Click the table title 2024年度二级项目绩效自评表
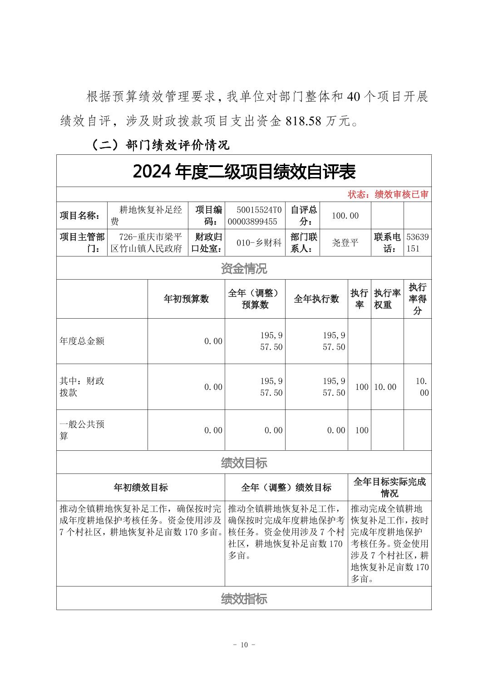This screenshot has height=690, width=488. click(244, 172)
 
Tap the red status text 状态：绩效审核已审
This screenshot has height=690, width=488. click(388, 195)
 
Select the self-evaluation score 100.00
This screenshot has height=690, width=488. click(345, 216)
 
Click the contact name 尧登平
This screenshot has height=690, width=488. click(345, 242)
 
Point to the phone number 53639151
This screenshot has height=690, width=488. click(417, 242)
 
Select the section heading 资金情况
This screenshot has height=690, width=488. click(244, 269)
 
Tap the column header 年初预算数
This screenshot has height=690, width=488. click(186, 299)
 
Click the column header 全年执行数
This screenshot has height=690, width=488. click(316, 299)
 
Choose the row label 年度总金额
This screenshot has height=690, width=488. click(82, 341)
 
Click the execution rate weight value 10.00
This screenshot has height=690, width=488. click(385, 387)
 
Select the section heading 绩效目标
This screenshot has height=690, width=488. click(244, 463)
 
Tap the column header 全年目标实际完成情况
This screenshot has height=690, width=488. click(389, 488)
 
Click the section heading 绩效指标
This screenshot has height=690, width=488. click(244, 599)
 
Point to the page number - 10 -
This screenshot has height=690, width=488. click(244, 645)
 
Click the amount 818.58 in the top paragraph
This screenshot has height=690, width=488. click(303, 121)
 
